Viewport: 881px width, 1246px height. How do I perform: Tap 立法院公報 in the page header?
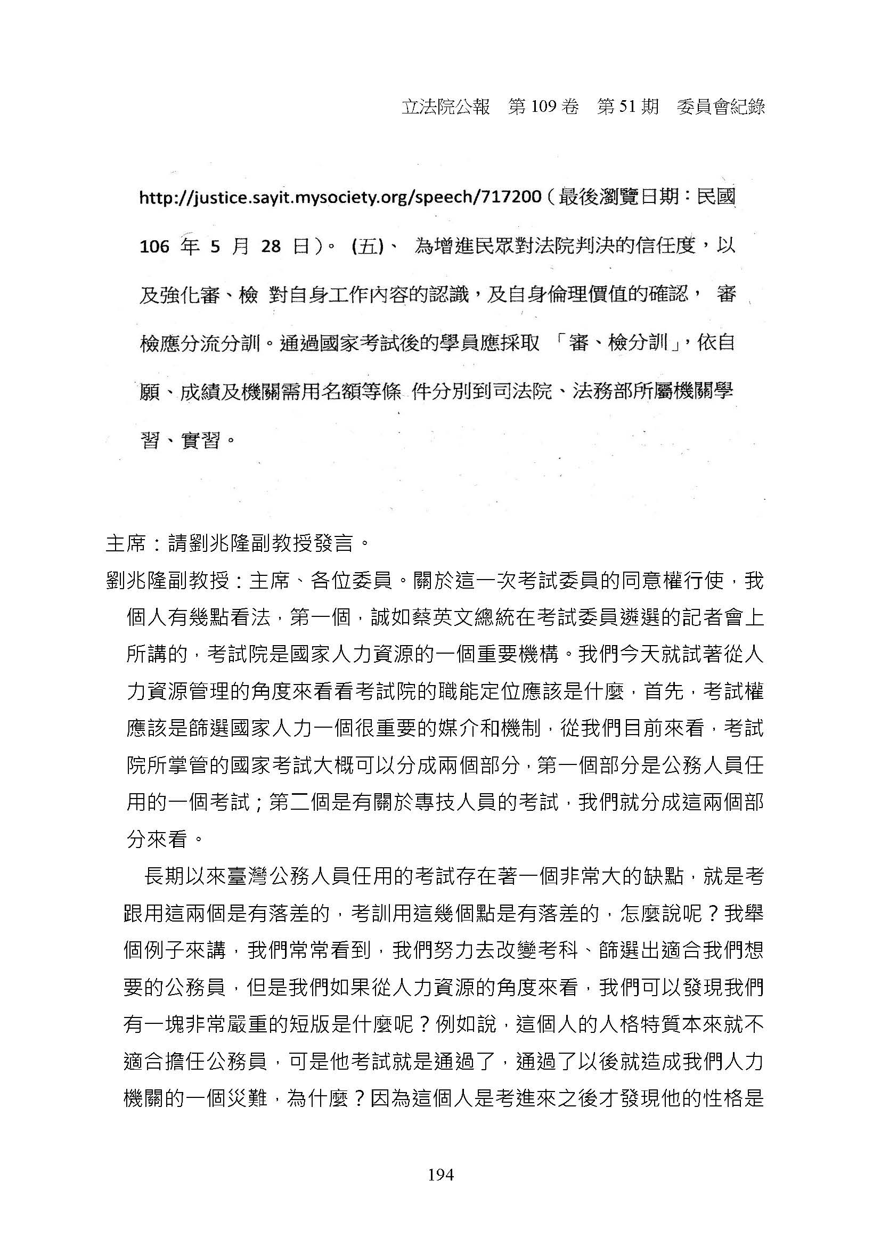pos(445,108)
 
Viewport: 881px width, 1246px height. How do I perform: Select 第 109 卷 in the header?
pos(543,108)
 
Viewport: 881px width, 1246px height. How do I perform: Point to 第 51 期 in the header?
pos(627,108)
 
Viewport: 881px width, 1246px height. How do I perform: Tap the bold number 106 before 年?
pos(154,247)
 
